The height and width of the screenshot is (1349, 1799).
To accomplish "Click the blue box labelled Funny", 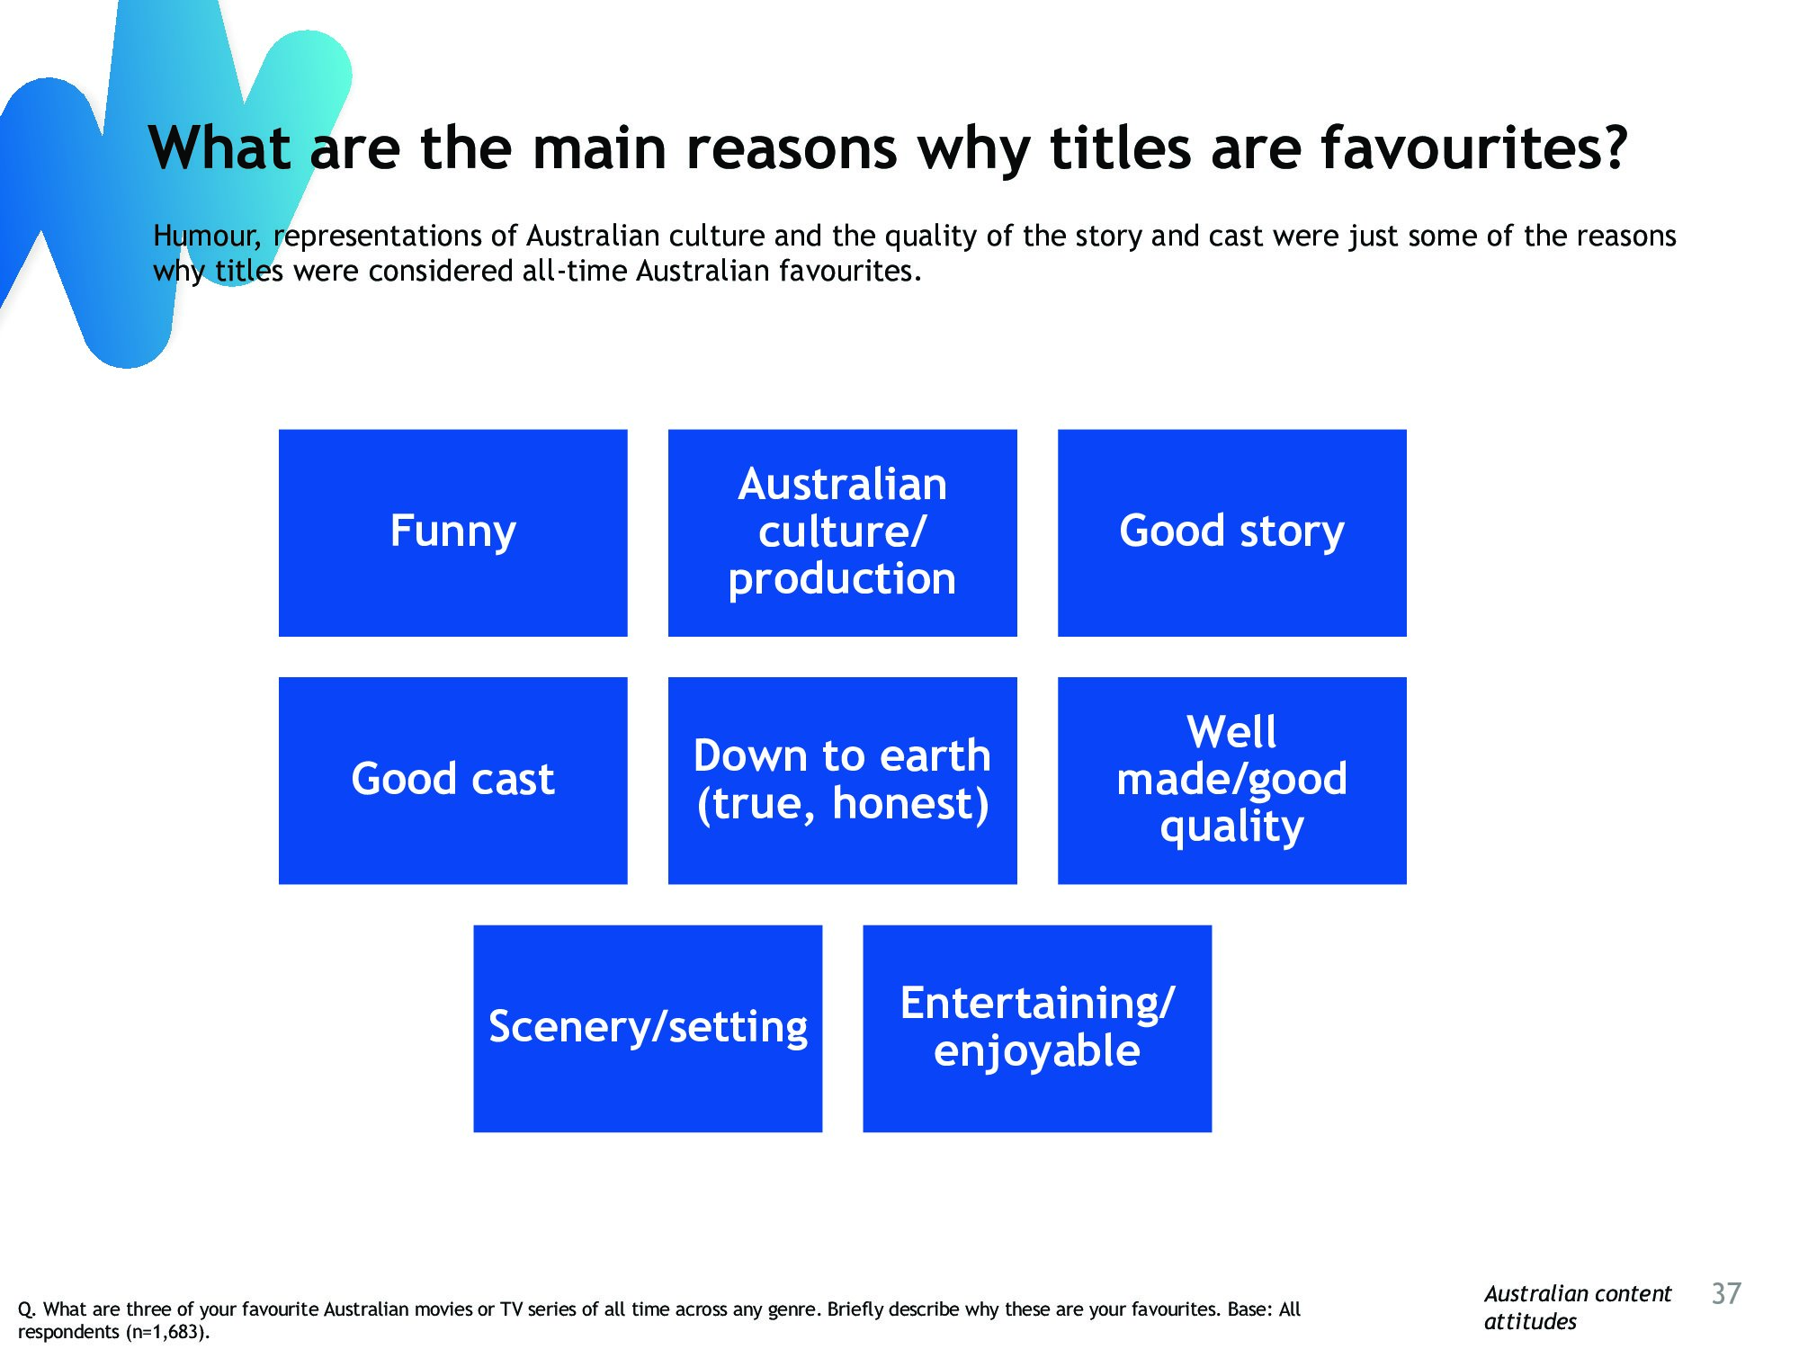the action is click(452, 532).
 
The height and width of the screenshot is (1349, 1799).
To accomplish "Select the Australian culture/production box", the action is click(842, 532).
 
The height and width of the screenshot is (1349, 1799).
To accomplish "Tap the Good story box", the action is click(1231, 532).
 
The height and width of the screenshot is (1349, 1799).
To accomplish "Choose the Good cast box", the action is click(452, 781).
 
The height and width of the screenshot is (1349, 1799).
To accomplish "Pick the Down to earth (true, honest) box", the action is click(842, 781).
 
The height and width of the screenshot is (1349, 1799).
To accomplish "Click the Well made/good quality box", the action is click(1231, 781).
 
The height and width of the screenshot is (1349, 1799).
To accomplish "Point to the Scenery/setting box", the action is click(648, 1028).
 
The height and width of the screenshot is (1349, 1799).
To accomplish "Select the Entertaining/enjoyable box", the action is click(1037, 1028).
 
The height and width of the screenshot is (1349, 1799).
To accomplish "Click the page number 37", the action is click(1726, 1293).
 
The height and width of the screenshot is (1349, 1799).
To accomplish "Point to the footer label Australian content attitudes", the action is click(1577, 1308).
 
